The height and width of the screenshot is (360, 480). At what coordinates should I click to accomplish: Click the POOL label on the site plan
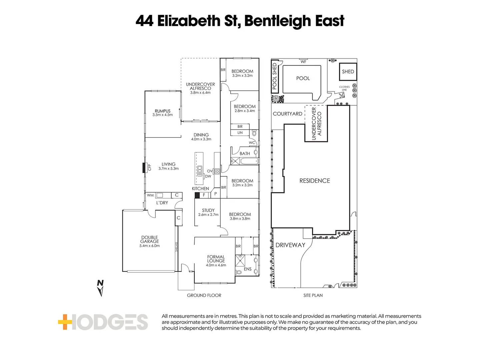[303, 78]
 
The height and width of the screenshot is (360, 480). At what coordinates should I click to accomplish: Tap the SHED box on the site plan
[348, 72]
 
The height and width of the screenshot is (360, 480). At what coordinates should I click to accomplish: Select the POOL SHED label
[275, 76]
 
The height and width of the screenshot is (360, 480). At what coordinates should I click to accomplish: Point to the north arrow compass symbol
[100, 288]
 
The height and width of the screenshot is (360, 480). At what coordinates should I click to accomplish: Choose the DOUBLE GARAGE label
[149, 239]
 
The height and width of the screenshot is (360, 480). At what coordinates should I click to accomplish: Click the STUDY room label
[208, 210]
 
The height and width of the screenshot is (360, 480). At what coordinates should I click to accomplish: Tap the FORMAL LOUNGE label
[216, 259]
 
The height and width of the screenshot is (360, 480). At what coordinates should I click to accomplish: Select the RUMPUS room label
[163, 111]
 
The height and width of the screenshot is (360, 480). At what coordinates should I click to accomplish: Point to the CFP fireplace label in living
[149, 167]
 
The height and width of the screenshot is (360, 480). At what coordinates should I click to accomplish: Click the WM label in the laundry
[150, 195]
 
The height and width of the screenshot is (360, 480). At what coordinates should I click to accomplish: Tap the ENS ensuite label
[248, 269]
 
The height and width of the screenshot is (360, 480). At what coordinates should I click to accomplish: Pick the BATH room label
[245, 154]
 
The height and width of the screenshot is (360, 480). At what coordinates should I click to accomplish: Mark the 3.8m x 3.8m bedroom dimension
[240, 219]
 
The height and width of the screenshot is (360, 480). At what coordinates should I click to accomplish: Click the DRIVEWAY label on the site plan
[290, 245]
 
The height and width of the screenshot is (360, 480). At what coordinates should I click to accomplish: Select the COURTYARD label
[287, 114]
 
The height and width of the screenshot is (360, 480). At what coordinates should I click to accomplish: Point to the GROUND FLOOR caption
[204, 295]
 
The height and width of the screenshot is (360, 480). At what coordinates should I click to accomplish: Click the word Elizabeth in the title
[189, 21]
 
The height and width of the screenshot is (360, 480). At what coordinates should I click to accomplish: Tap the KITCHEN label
[200, 189]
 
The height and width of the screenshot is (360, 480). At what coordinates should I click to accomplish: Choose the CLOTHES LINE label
[344, 88]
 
